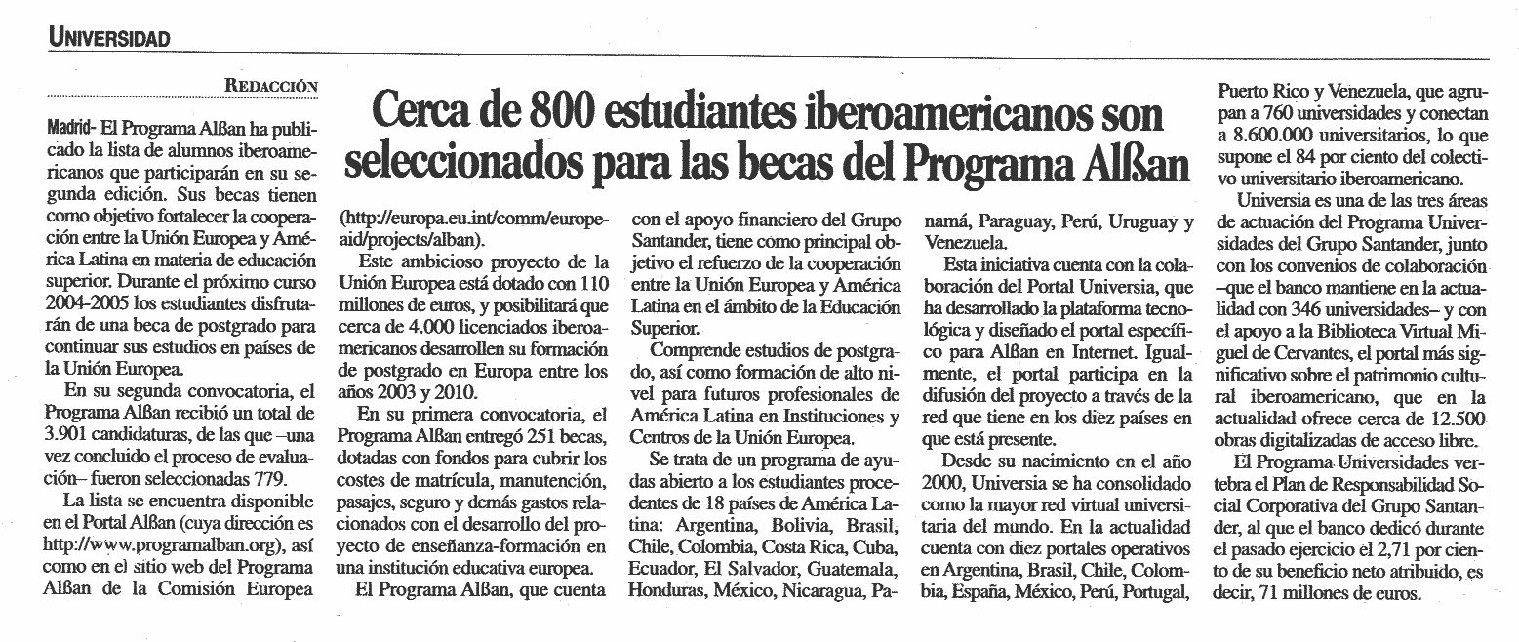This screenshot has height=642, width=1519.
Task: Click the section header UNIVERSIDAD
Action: point(109,38)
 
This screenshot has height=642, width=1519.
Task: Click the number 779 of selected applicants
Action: point(268,479)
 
